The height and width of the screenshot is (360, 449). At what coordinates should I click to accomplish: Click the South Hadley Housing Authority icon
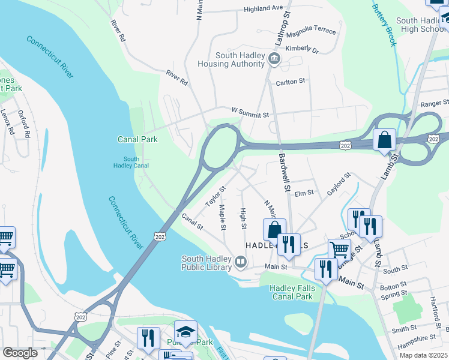275,58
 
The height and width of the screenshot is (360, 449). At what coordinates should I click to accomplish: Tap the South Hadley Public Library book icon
240,261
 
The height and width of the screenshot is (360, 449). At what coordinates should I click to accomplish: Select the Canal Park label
137,139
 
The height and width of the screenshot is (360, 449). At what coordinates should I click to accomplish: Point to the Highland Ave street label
263,8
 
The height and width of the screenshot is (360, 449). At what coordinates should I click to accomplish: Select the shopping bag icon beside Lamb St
384,140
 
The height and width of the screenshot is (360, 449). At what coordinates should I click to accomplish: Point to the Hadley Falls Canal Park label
291,292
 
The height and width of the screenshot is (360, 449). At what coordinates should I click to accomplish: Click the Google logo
20,352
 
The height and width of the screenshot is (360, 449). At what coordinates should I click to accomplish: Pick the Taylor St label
215,196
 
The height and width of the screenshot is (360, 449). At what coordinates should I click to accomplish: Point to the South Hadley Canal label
131,162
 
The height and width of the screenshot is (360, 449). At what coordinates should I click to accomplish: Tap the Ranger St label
435,104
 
